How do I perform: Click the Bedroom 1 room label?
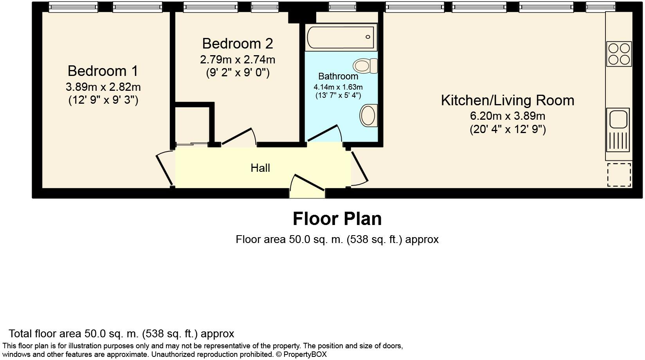click(x=103, y=71)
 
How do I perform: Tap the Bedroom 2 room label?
click(x=238, y=43)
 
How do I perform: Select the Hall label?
click(x=260, y=168)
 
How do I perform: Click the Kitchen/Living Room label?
click(x=508, y=100)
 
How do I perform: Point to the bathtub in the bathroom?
click(x=341, y=37)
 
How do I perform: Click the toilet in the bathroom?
click(x=366, y=66)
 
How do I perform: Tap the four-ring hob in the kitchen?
click(x=619, y=54)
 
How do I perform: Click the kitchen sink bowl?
click(x=618, y=119)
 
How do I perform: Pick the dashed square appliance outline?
click(x=619, y=175)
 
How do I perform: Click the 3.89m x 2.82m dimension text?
click(x=103, y=87)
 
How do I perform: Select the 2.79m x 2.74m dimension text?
click(x=238, y=59)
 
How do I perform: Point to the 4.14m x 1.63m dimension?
click(x=338, y=87)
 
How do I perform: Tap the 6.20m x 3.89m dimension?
click(x=508, y=116)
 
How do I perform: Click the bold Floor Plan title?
click(x=337, y=219)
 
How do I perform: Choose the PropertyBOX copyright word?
click(x=305, y=354)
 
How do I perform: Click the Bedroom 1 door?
click(x=164, y=170)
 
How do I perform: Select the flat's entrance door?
click(x=308, y=183)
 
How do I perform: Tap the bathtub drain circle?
click(x=368, y=37)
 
